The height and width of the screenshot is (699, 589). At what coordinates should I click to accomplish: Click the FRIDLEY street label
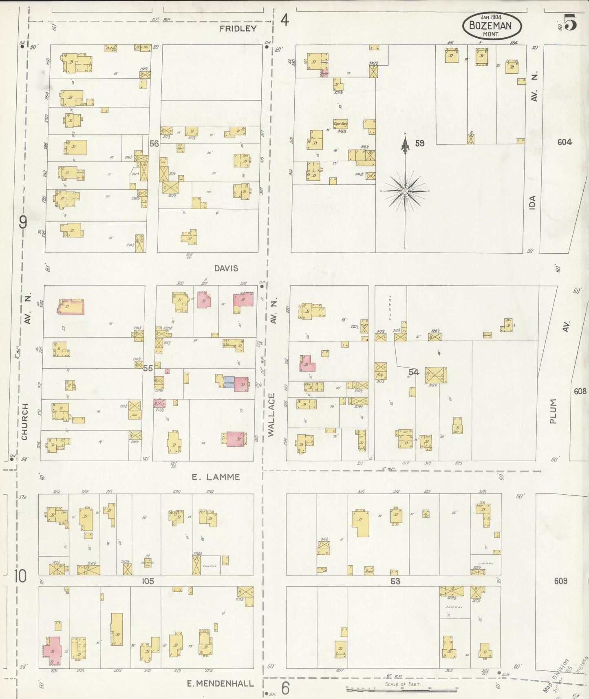[x=238, y=29]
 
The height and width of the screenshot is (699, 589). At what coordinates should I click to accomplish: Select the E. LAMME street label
[x=216, y=477]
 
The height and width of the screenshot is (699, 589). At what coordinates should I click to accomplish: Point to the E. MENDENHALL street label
[x=220, y=684]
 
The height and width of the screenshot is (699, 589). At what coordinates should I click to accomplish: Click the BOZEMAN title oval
[x=492, y=26]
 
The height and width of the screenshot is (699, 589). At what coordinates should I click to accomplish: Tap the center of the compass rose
[x=405, y=191]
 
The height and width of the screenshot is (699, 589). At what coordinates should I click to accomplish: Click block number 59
[x=419, y=143]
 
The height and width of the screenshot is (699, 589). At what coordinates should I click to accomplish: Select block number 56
[x=154, y=144]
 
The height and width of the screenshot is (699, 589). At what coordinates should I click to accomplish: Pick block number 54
[x=413, y=372]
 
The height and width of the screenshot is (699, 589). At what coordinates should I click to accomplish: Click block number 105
[x=148, y=581]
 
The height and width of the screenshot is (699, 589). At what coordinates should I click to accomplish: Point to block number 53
[x=395, y=581]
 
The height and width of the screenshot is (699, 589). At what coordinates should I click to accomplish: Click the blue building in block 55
[x=229, y=383]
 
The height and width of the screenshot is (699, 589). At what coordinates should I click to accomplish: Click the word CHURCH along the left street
[x=25, y=421]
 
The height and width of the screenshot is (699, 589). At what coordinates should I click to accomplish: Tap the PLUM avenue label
[x=553, y=411]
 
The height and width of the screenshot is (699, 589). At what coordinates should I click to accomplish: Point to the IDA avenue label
[x=532, y=203]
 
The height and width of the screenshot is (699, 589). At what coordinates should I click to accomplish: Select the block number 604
[x=565, y=142]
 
